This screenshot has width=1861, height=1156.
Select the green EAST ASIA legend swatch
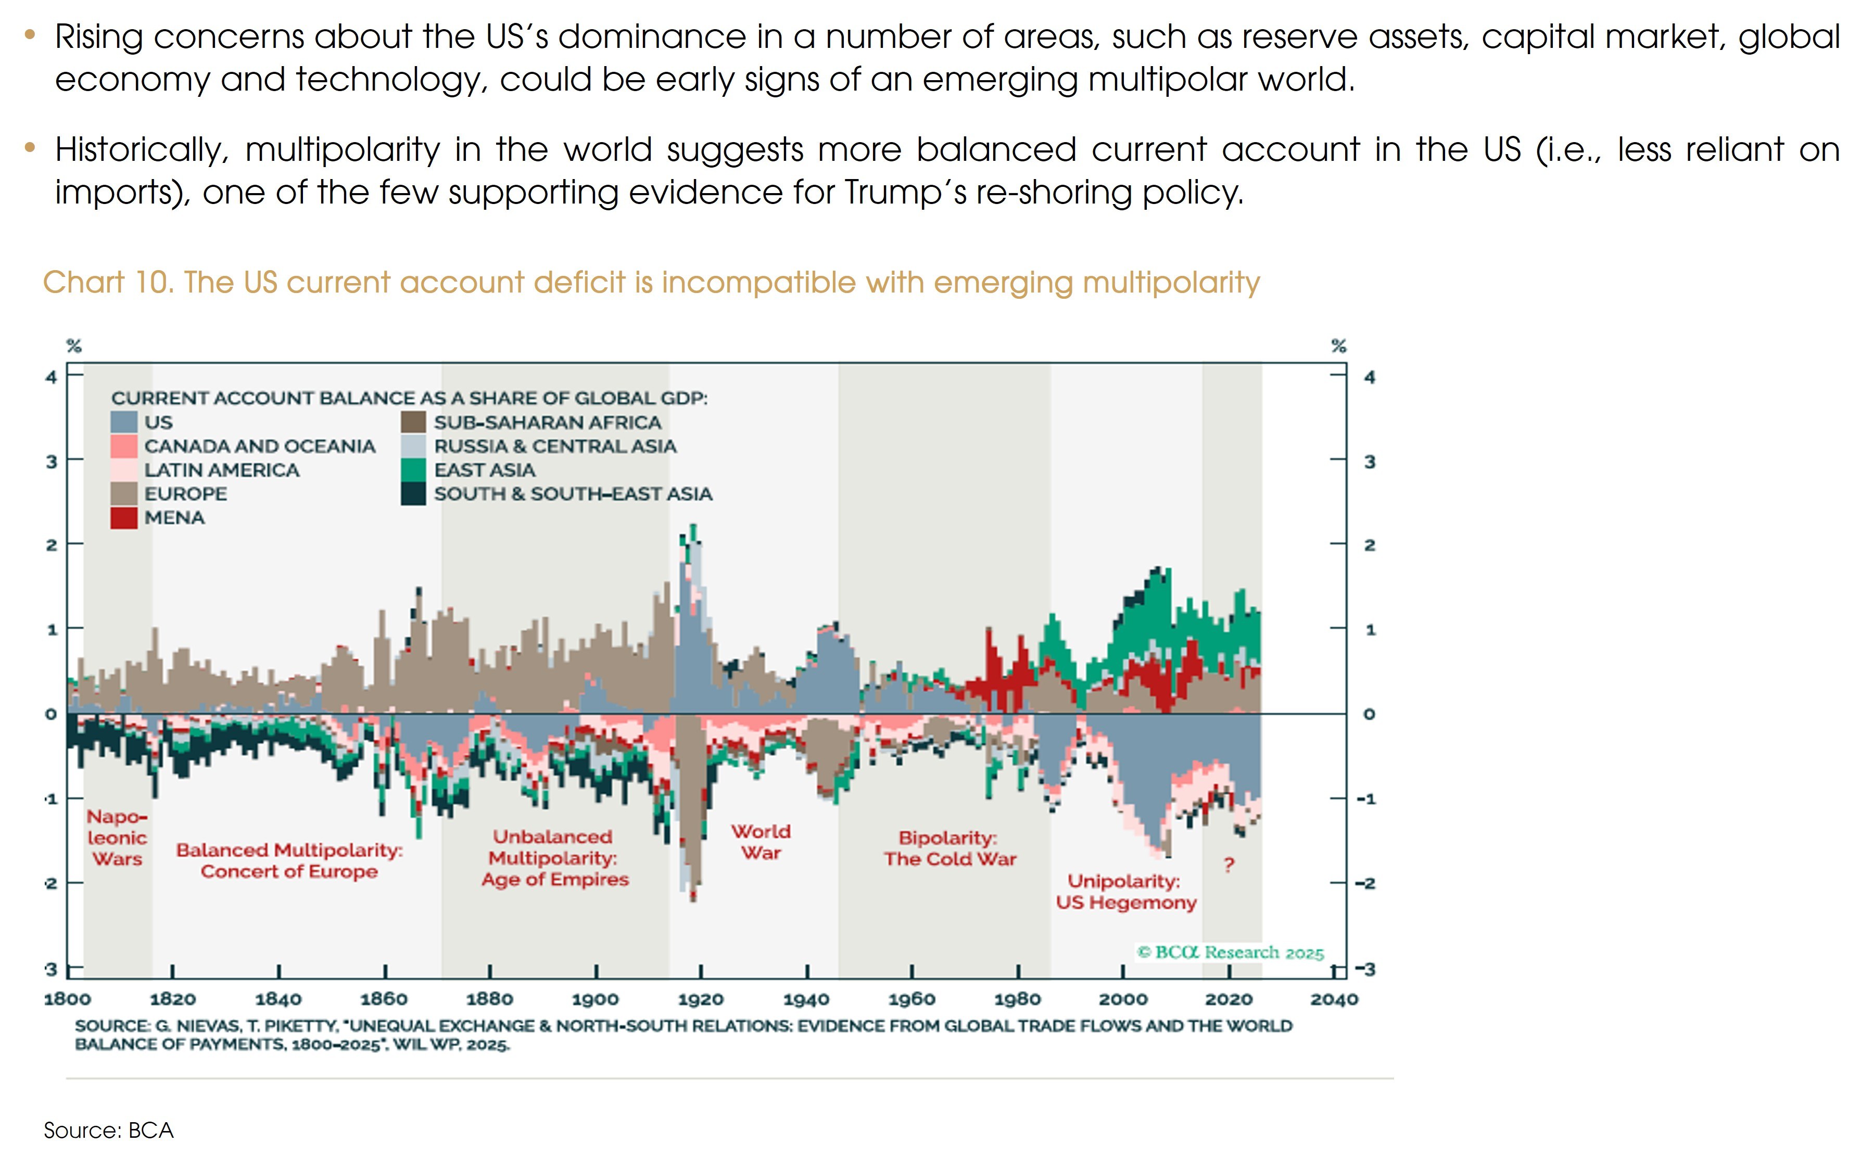coord(413,469)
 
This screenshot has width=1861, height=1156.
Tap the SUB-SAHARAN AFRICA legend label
coord(548,422)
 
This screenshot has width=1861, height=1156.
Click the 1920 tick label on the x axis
coord(700,998)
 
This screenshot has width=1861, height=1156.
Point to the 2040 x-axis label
coord(1334,998)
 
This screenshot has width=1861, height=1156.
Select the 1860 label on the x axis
coord(384,998)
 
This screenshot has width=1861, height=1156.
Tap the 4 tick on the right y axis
coord(1370,377)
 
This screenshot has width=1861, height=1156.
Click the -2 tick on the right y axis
coord(1365,883)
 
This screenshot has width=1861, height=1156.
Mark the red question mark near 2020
coord(1229,865)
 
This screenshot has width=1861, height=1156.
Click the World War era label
coord(761,842)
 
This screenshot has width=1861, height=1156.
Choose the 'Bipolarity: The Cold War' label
coord(950,848)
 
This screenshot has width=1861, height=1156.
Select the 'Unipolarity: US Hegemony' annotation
coord(1125,892)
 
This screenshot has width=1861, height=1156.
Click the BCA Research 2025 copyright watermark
coord(1230,952)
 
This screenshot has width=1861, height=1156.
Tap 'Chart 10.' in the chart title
coord(108,282)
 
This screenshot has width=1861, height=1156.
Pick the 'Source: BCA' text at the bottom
coord(109,1130)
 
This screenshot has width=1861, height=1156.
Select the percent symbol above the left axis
coord(73,346)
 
